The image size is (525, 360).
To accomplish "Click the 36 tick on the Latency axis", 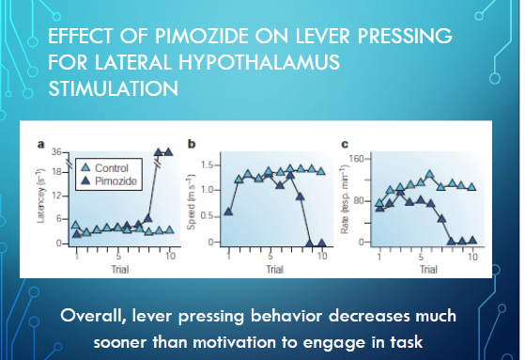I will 54,152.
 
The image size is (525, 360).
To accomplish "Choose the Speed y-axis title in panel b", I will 193,199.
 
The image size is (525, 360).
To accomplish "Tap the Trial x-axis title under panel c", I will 428,268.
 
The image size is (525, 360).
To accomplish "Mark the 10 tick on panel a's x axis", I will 170,254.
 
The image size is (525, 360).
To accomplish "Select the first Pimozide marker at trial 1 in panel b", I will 227,211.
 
